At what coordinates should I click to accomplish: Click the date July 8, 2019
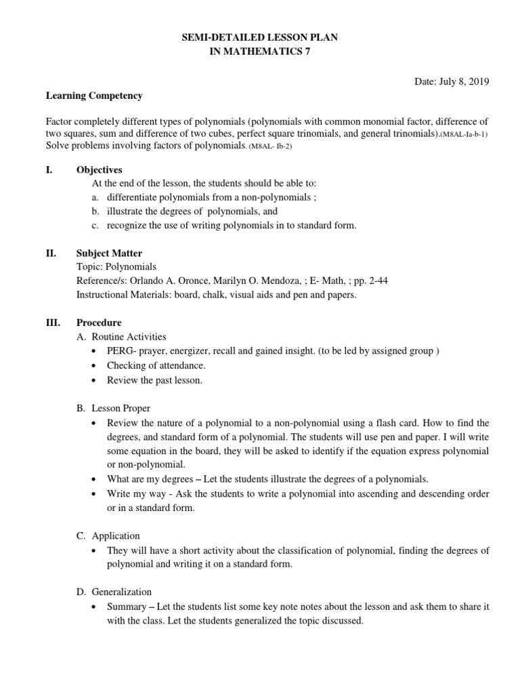452,81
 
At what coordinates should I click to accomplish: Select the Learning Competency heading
94,96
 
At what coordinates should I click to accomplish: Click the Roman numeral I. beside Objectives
49,170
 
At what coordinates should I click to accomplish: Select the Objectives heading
99,170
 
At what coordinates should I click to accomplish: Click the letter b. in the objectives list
95,211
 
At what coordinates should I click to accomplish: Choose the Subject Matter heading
109,253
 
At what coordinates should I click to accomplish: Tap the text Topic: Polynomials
116,267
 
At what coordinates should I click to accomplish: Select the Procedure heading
99,323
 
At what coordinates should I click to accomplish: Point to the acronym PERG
119,350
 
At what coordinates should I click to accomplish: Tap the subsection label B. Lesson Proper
113,408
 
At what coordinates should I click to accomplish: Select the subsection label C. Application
108,535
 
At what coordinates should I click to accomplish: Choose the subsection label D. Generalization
114,592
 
